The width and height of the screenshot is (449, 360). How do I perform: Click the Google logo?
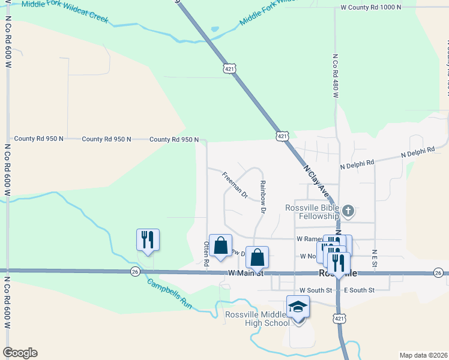[x=20, y=353]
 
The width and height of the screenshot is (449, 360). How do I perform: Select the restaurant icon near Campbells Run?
[x=148, y=240]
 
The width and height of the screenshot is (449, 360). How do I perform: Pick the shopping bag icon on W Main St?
[x=257, y=257]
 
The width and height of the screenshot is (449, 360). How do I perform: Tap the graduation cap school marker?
[x=298, y=307]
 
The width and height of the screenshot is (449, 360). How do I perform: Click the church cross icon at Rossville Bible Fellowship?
[x=349, y=211]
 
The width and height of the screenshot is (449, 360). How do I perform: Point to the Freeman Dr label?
[x=235, y=185]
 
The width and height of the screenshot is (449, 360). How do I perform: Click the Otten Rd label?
[x=206, y=254]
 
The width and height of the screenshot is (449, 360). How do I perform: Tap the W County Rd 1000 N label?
[x=369, y=8]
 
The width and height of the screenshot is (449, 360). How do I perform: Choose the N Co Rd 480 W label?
[x=336, y=76]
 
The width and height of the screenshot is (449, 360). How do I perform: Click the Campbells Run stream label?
[x=169, y=295]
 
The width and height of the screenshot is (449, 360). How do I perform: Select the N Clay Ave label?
[x=318, y=182]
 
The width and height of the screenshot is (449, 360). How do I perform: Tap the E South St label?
[x=359, y=290]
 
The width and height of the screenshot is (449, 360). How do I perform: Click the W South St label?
[x=316, y=290]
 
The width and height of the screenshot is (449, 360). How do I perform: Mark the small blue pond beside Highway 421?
[x=214, y=29]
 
